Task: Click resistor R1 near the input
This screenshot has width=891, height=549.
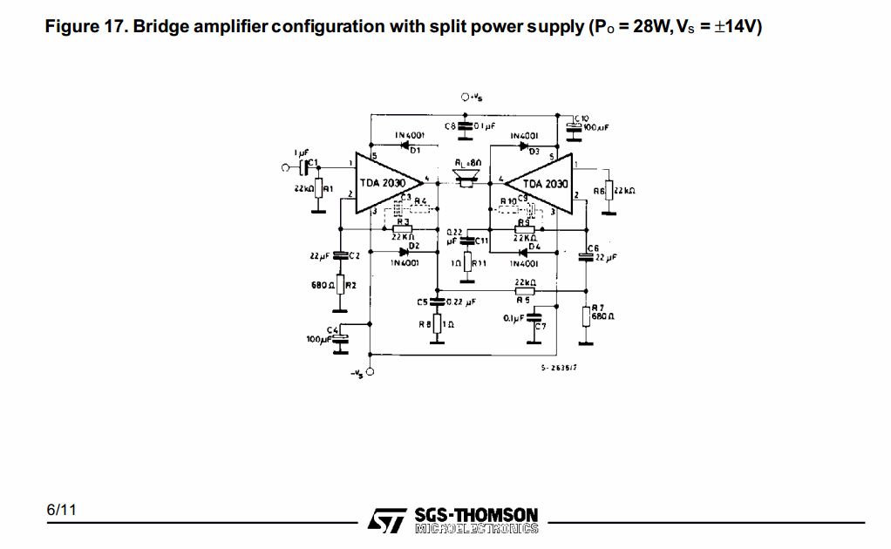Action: (319, 190)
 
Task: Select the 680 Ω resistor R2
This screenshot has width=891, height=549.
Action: (339, 285)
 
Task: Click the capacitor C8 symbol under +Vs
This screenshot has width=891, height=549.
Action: (466, 126)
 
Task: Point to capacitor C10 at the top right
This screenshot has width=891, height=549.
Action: (573, 128)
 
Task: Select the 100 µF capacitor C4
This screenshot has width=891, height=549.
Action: (340, 337)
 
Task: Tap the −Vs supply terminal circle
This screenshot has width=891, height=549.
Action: (371, 372)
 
